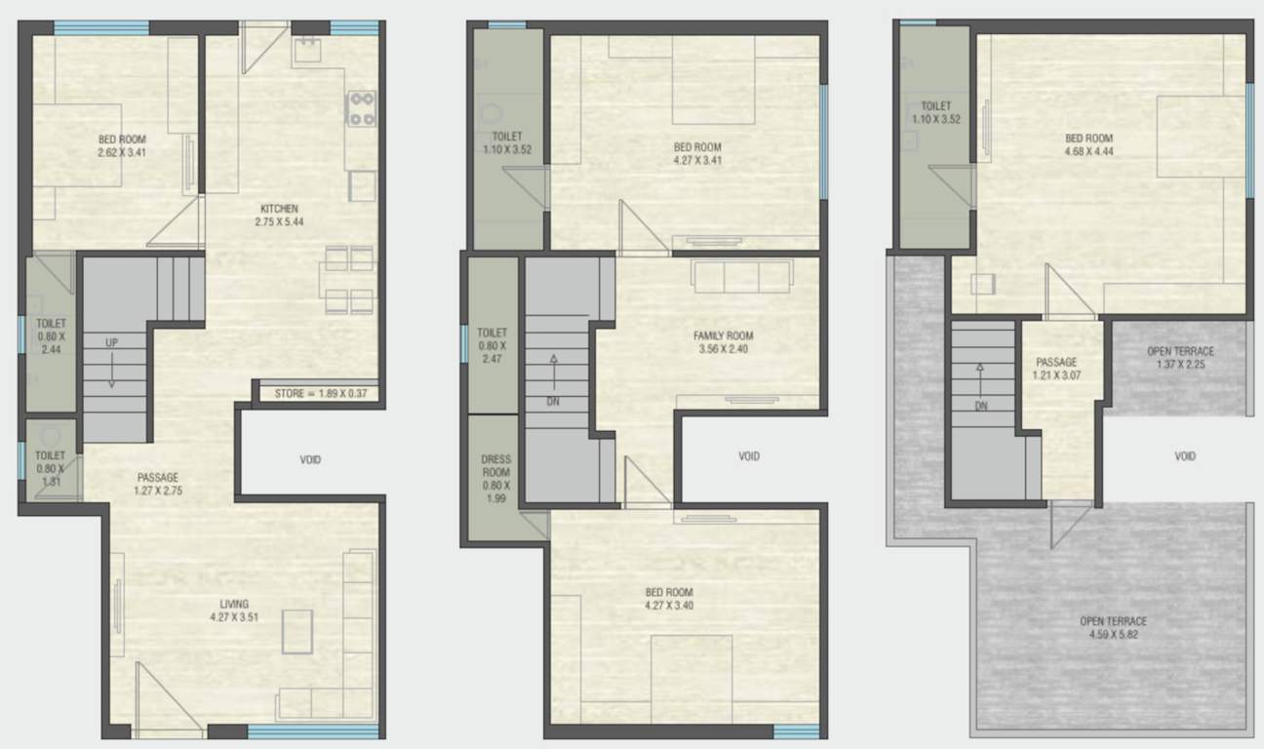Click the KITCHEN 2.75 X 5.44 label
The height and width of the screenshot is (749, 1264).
tap(279, 215)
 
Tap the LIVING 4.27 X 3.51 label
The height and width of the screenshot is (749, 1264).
tap(234, 611)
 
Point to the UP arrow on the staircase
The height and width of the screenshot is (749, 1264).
tap(112, 366)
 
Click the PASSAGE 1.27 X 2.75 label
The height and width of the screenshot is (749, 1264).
tap(157, 484)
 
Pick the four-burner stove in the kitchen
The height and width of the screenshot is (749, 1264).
tap(362, 108)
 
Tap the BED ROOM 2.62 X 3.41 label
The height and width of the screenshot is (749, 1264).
tap(122, 146)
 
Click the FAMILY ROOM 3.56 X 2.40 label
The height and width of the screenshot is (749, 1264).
tap(723, 342)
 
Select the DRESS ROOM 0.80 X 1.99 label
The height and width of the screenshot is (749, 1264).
tap(495, 479)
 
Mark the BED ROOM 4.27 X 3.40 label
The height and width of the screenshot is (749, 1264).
tap(669, 599)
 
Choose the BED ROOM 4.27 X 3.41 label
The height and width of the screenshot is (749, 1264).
tap(697, 154)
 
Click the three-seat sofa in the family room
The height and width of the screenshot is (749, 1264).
tap(740, 277)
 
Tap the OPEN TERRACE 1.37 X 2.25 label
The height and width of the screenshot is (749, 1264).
tap(1180, 358)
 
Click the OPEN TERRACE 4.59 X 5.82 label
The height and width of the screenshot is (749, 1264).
tap(1113, 627)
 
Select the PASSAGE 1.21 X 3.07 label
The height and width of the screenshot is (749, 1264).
tap(1055, 369)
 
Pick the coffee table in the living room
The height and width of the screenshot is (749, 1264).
tap(297, 631)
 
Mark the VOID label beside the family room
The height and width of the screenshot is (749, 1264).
tap(749, 455)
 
